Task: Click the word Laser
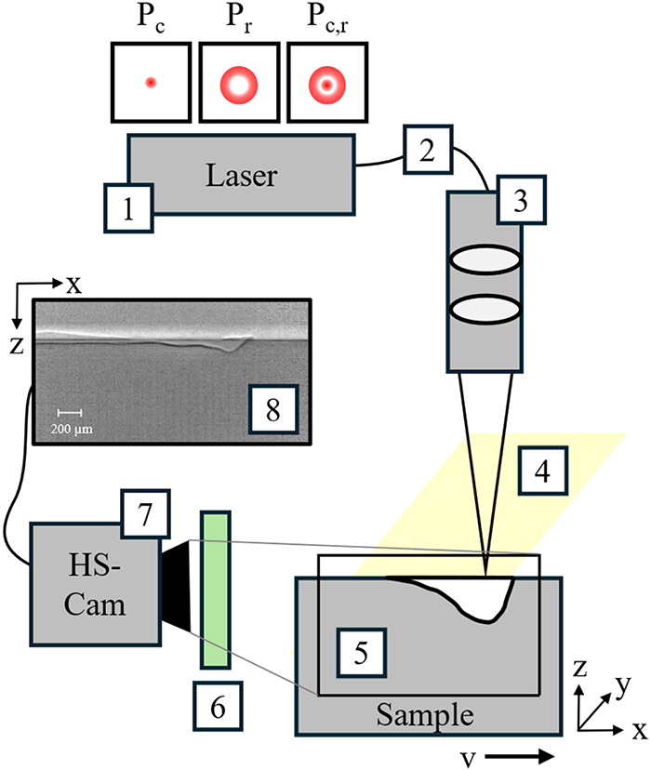click(245, 175)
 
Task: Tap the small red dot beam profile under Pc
click(150, 84)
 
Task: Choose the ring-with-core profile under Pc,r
click(326, 85)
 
